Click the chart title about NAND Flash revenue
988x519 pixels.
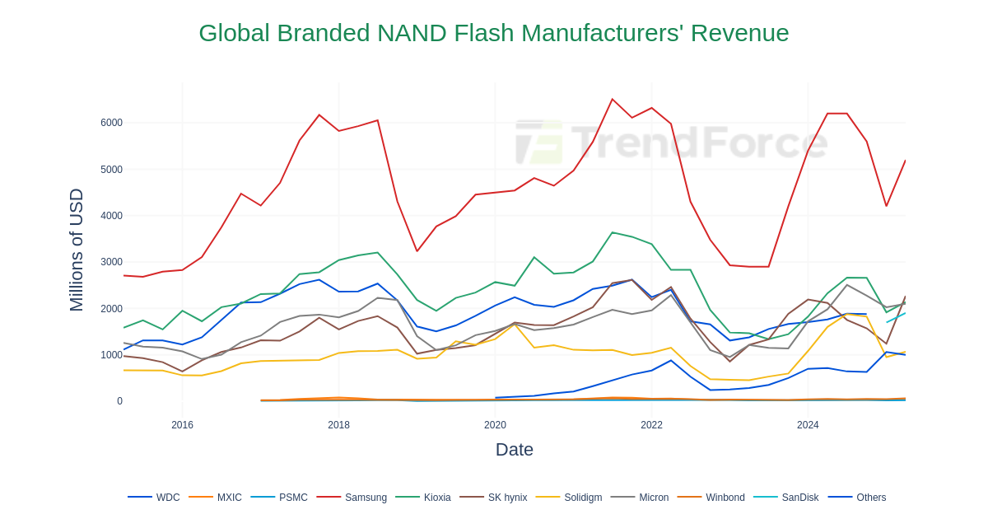click(493, 33)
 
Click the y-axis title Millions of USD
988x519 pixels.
click(77, 250)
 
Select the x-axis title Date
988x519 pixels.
click(514, 450)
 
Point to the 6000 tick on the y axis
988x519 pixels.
click(111, 123)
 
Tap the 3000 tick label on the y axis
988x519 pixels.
click(111, 262)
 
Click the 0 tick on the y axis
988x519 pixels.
click(119, 401)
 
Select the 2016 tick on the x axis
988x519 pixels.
click(182, 425)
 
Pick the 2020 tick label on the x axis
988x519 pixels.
click(495, 425)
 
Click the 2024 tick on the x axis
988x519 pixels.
click(808, 425)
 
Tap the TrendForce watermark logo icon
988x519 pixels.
click(539, 143)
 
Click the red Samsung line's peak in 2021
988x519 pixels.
click(612, 100)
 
